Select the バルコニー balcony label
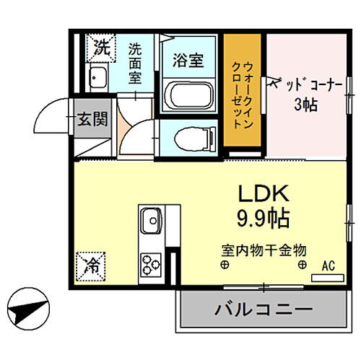tap(263, 310)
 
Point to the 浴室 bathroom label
tap(188, 61)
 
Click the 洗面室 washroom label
tap(136, 63)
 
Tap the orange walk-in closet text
tap(243, 92)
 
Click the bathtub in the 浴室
tap(190, 95)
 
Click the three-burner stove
tap(152, 263)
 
